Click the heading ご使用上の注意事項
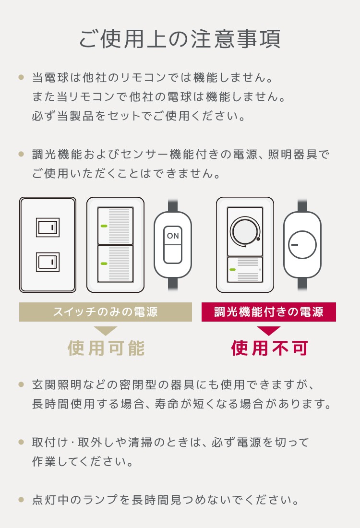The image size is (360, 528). pos(180,39)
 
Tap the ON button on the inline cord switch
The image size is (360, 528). pos(172,237)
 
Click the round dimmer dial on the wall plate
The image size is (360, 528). pos(245,232)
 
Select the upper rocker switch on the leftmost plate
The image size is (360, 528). pos(48,228)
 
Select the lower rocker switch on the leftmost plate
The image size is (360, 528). pos(48,262)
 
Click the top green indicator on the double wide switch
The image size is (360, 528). pos(104,225)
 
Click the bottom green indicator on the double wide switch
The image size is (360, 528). pos(104,263)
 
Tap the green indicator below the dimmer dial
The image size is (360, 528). pos(233,269)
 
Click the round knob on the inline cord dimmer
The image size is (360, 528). pos(302,244)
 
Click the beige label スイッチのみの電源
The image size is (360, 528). pos(105,312)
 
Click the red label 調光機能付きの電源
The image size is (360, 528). pos(268,312)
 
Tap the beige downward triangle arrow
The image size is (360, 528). pos(106,331)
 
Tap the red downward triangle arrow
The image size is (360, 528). pos(269,331)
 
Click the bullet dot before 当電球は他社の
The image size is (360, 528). pos(21,77)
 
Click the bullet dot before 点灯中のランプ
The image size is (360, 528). pos(21,500)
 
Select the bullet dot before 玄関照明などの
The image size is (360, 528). pos(21,384)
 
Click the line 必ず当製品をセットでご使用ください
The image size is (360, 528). pos(139,116)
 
